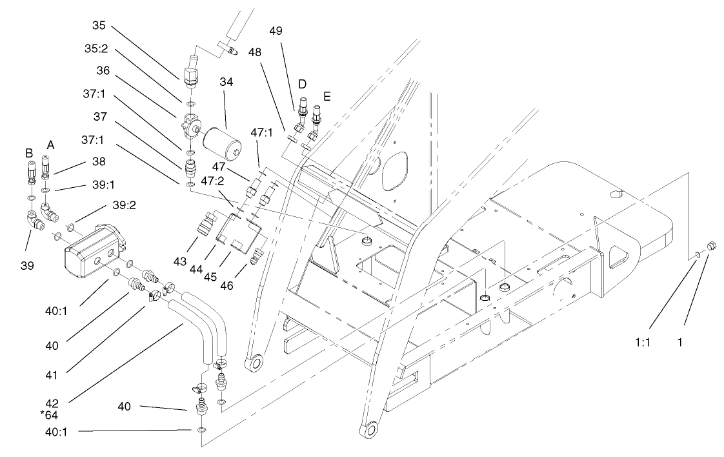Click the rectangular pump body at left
click(92, 252)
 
